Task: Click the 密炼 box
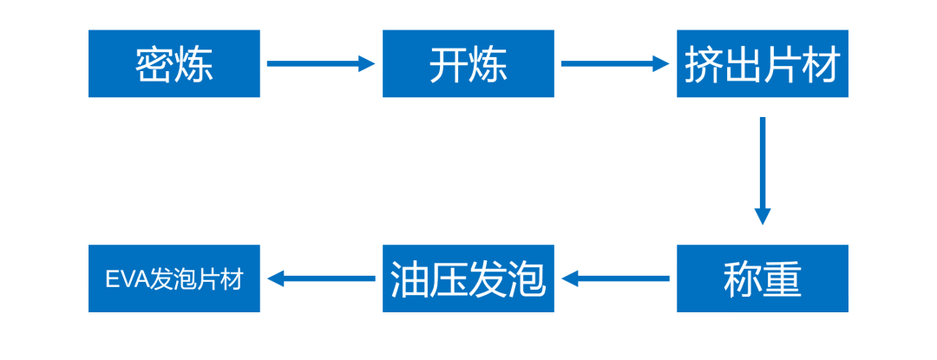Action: pos(174,63)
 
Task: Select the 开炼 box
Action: pos(468,63)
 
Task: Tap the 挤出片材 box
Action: pos(763,63)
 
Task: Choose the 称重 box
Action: pos(763,278)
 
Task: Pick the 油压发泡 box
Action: pos(468,278)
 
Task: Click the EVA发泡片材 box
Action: pos(174,278)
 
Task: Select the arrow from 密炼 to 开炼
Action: pos(321,63)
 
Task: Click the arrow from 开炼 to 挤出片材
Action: pos(615,63)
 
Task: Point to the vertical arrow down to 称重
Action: pos(763,171)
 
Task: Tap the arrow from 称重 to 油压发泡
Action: pos(615,278)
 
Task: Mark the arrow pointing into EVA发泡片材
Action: pos(322,278)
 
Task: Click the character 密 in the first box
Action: pos(154,64)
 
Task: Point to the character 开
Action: pos(449,64)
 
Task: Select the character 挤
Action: pos(704,64)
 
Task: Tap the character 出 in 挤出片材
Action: pos(743,64)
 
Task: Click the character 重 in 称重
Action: pos(783,279)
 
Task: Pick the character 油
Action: pos(410,278)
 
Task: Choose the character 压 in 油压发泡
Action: pos(449,278)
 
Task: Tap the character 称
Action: pos(743,278)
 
